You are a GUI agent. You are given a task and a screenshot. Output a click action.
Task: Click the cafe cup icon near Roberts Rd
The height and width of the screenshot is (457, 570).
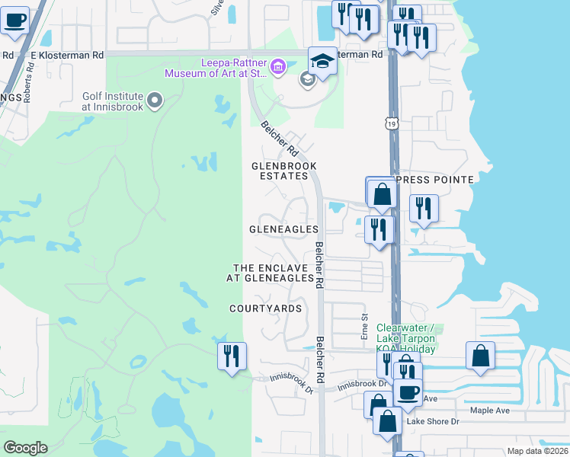(x=14, y=20)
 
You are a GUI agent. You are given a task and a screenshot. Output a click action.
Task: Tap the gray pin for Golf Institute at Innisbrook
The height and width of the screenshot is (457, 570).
(x=155, y=101)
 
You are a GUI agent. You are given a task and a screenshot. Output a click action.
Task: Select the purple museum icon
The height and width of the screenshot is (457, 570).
(x=277, y=68)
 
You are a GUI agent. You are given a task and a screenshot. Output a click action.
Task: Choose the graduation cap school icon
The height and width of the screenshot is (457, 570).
(x=322, y=61)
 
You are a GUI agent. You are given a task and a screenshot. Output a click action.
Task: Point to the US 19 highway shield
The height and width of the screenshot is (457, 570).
(x=391, y=123)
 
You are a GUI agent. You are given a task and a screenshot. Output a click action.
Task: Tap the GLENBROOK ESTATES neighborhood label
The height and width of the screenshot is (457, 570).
(x=284, y=171)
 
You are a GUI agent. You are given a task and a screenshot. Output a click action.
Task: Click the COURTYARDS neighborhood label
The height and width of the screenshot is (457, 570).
(x=266, y=308)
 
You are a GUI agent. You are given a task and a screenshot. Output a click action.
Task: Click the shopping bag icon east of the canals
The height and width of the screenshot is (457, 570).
(x=480, y=356)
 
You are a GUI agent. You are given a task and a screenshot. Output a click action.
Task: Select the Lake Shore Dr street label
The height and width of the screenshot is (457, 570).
(x=434, y=421)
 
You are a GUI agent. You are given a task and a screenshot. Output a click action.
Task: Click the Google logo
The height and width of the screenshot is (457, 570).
(x=25, y=448)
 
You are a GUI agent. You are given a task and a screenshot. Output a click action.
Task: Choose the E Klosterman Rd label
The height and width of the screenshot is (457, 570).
(x=67, y=56)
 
